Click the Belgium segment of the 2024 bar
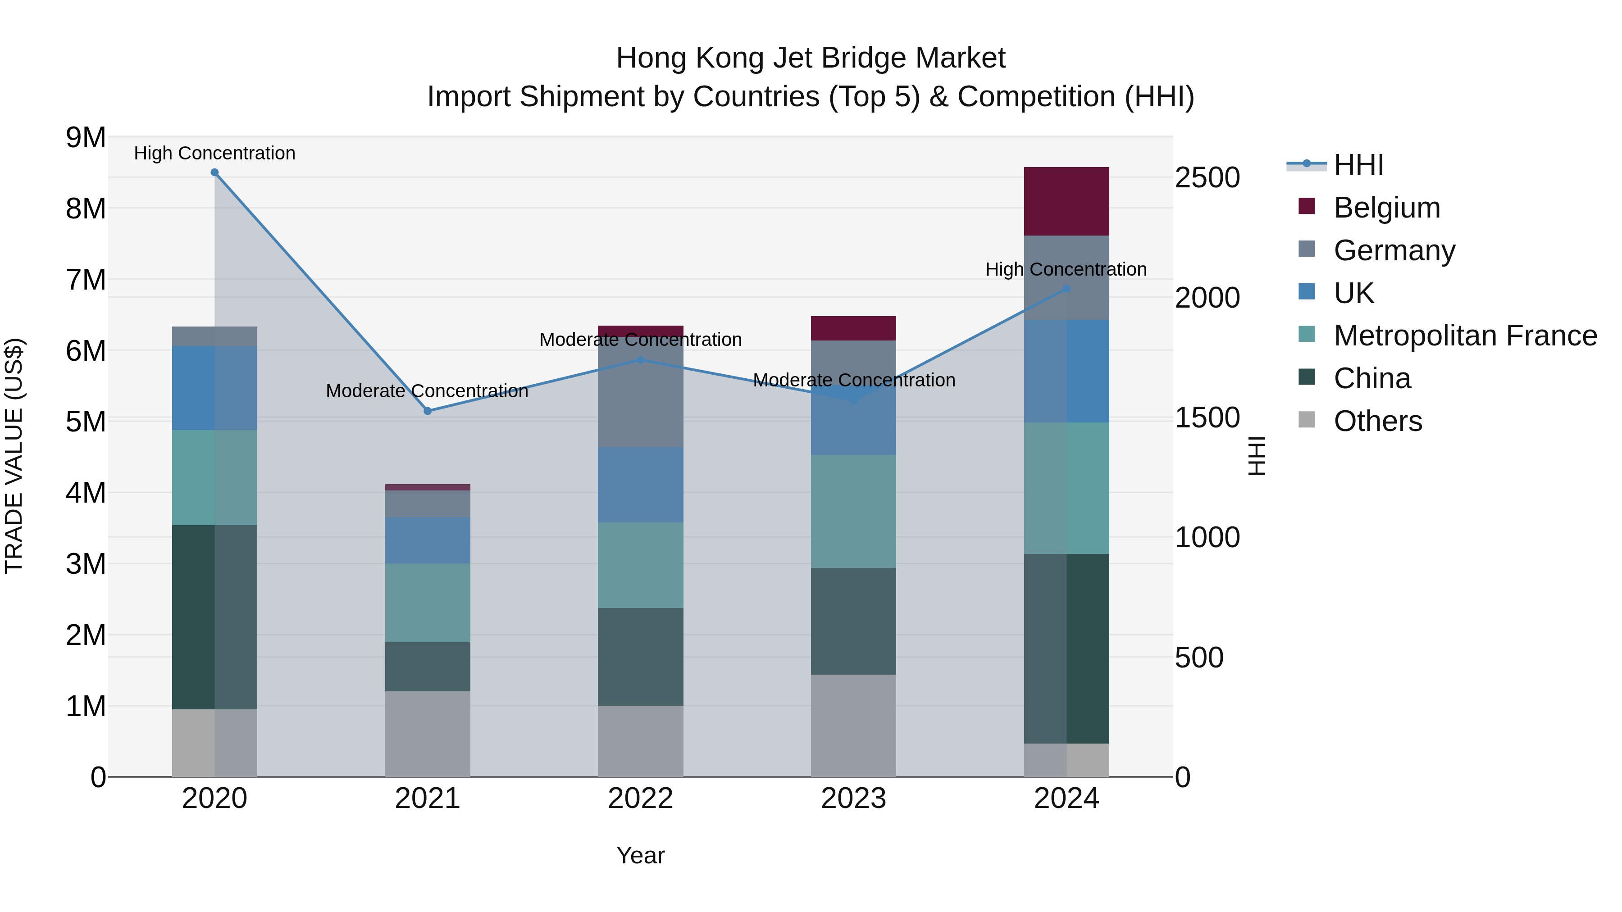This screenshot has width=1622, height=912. [1066, 201]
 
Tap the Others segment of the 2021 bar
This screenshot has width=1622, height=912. [428, 734]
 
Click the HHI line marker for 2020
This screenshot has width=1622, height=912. [215, 172]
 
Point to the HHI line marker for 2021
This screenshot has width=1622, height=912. [428, 411]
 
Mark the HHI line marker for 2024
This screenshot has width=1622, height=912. [1066, 289]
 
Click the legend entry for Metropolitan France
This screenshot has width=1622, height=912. [1465, 336]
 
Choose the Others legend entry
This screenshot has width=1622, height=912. [1378, 421]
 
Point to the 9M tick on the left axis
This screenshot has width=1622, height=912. [86, 138]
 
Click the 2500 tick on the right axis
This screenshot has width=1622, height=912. [1207, 178]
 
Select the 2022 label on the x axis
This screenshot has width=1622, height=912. [640, 799]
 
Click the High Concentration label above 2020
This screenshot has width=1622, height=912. [215, 153]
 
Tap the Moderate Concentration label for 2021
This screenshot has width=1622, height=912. [427, 391]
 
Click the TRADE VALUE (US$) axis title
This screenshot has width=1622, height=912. [14, 456]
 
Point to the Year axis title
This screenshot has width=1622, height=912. [640, 855]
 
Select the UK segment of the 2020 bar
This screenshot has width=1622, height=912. [215, 388]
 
